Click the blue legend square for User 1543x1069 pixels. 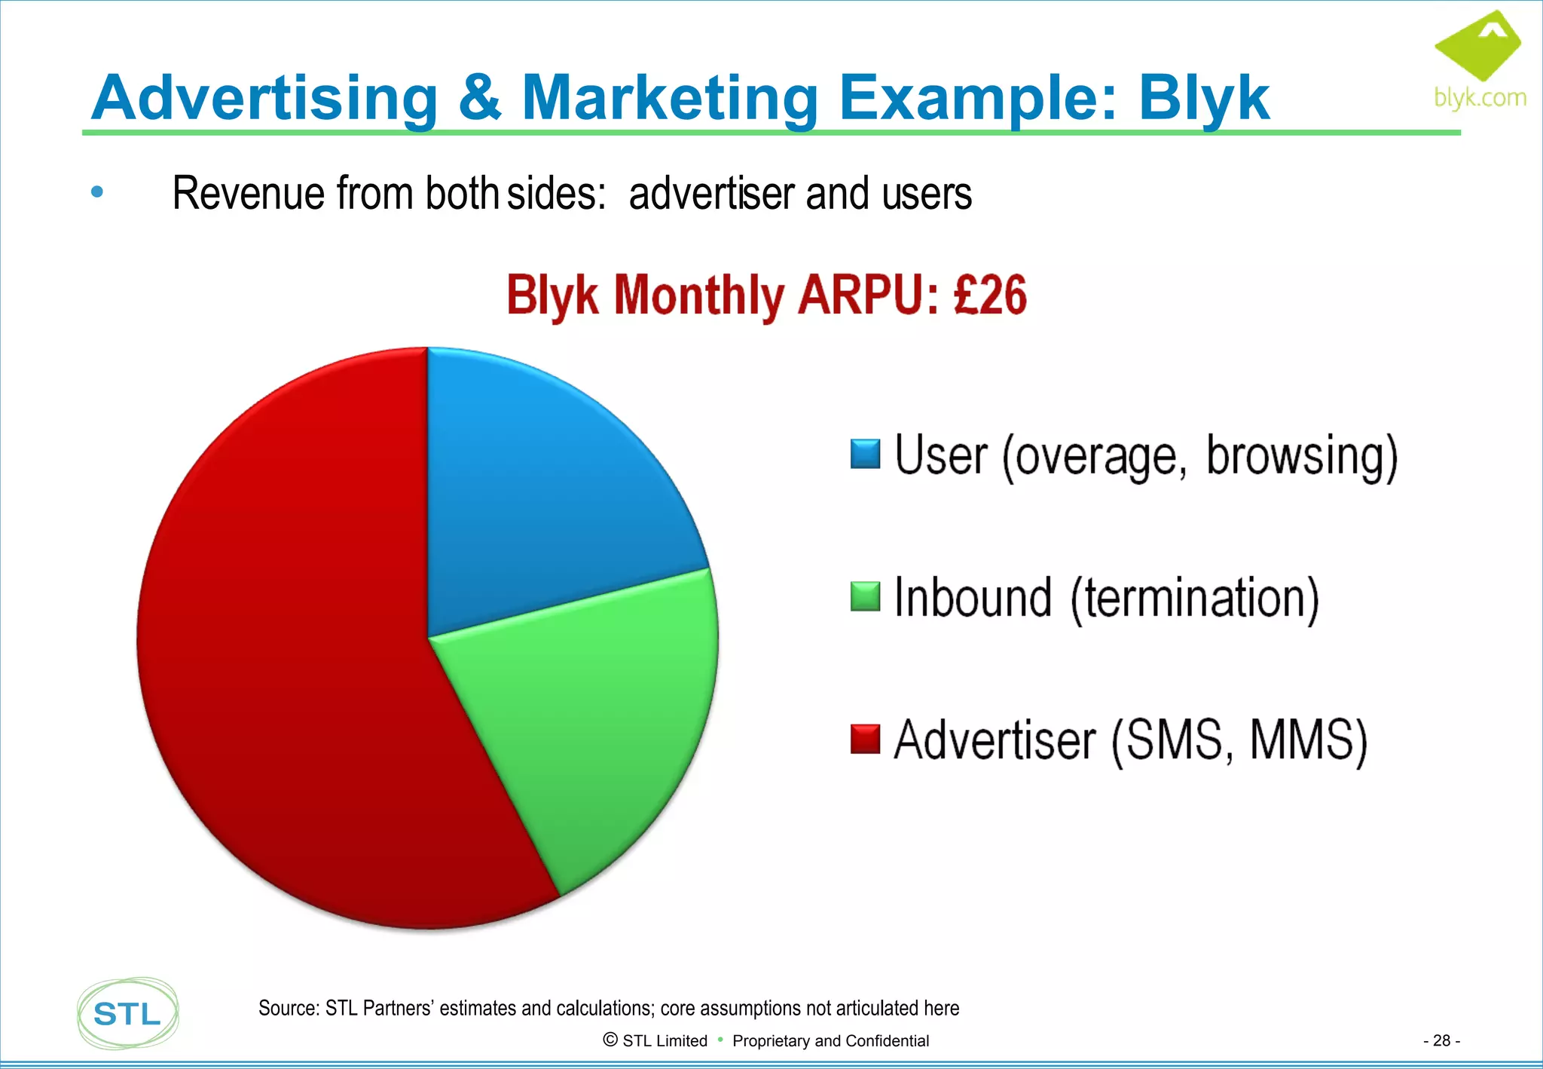point(865,454)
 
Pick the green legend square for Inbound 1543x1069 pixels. point(865,596)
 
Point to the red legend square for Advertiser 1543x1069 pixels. point(865,739)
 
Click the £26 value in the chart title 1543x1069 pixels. point(989,295)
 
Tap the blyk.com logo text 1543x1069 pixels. point(1480,98)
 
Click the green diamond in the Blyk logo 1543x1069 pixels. point(1478,45)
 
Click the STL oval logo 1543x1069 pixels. point(128,1013)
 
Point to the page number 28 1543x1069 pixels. point(1441,1040)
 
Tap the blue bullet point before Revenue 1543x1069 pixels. point(96,192)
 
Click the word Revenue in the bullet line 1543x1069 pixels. point(249,194)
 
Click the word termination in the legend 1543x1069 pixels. point(1194,599)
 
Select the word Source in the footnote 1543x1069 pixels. point(289,1008)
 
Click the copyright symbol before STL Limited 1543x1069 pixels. point(610,1040)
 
